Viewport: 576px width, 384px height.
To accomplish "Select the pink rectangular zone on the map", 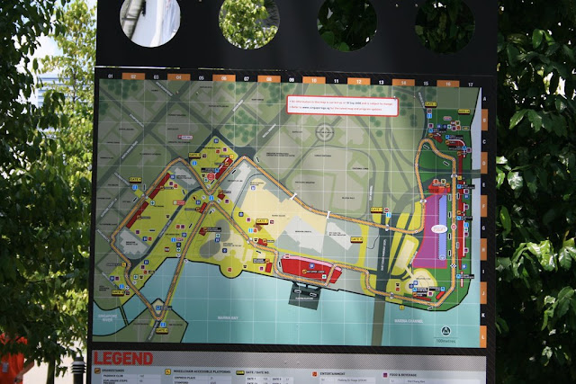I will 440,227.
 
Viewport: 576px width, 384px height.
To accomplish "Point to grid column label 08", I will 266,79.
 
